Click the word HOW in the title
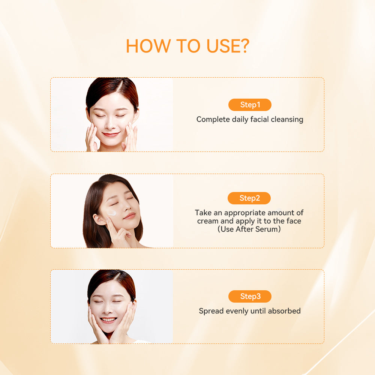(x=148, y=46)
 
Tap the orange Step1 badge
(x=250, y=105)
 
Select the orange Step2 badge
(x=249, y=198)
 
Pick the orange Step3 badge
(x=250, y=296)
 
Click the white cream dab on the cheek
(x=112, y=213)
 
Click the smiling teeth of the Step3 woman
(x=109, y=319)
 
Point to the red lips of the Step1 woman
(x=111, y=134)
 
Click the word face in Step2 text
(x=294, y=221)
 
